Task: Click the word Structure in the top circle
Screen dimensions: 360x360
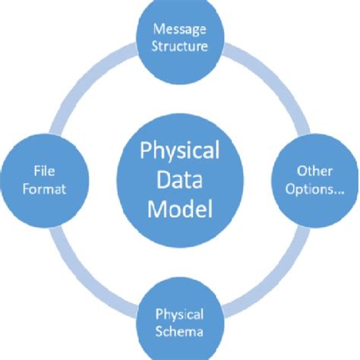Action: click(x=180, y=46)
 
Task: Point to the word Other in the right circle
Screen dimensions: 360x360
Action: click(x=314, y=172)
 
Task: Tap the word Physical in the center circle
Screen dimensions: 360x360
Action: click(x=180, y=151)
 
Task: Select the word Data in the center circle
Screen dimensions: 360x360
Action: click(x=180, y=180)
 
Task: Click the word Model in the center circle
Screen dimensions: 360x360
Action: click(x=180, y=208)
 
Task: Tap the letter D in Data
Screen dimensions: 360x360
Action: click(x=160, y=180)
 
